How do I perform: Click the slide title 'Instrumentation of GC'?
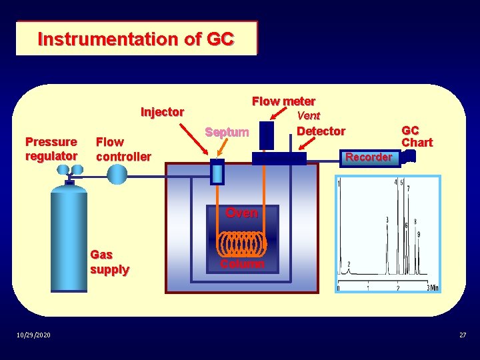136,39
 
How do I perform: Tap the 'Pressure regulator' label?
51,149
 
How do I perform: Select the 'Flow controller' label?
123,149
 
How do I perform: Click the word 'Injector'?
162,112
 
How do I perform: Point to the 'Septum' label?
227,132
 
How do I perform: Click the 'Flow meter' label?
283,101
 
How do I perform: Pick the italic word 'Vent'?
309,115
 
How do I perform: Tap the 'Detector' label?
321,131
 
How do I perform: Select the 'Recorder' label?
369,157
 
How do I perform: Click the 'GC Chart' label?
417,137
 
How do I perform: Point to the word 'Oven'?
241,213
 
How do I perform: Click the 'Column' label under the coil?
242,264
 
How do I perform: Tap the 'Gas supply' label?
109,262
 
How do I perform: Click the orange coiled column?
242,243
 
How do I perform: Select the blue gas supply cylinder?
69,237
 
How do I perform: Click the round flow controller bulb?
117,175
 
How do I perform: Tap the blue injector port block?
217,173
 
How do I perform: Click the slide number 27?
463,335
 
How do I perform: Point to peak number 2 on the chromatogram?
348,265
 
